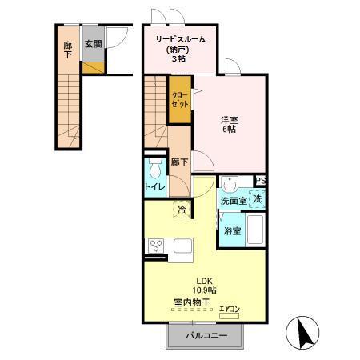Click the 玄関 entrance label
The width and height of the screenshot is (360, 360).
(93, 45)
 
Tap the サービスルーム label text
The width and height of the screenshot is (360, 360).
(180, 39)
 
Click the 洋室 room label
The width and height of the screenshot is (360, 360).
(230, 121)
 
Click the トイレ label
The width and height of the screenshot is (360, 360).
(154, 187)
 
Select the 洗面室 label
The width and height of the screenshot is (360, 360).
(234, 201)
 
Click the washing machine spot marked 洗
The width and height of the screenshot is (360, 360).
(258, 199)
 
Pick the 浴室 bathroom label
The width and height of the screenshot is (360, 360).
(232, 232)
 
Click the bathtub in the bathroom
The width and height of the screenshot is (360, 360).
(256, 230)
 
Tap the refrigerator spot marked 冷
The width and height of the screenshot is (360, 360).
(182, 210)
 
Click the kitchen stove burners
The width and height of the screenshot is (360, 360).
(154, 246)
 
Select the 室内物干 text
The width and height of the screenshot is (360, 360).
(192, 303)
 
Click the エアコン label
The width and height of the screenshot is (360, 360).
(230, 308)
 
